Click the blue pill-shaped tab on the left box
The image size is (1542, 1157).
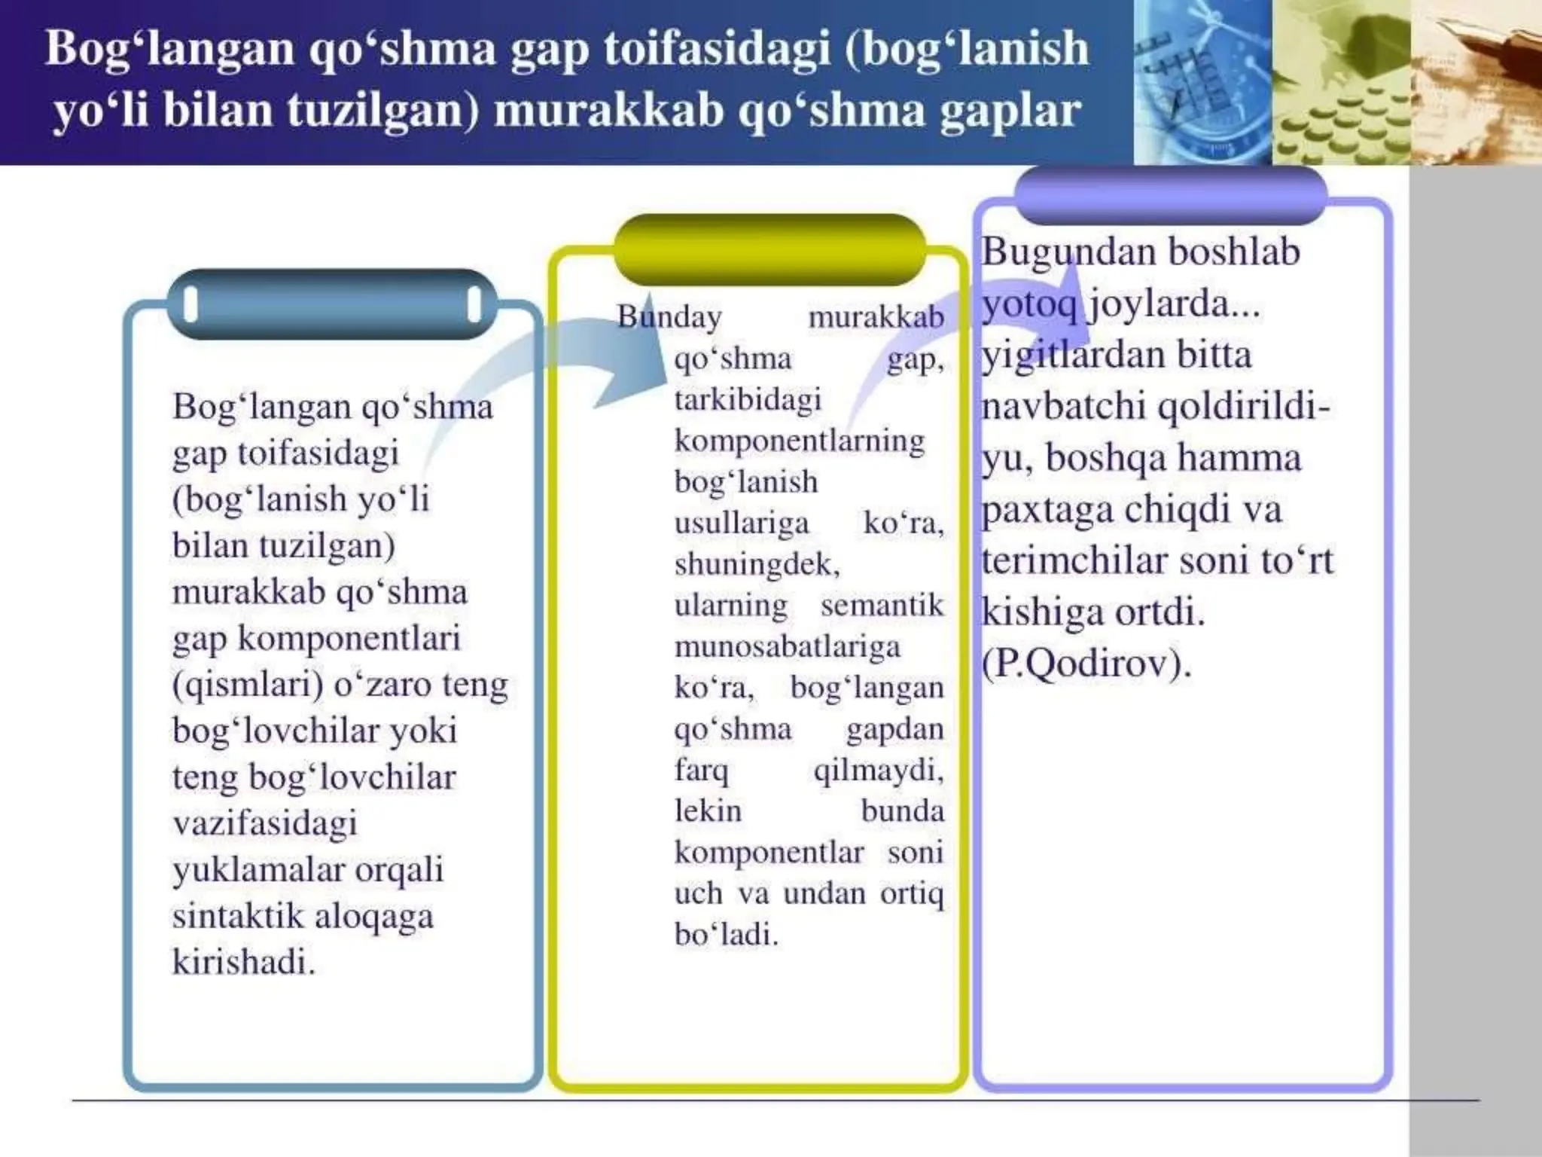332,304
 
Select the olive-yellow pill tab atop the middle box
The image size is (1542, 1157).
769,249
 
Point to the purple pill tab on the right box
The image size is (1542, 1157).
1170,194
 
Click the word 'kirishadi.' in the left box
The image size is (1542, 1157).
243,962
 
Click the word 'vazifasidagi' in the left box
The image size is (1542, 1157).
264,823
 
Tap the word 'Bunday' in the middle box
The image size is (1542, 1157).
669,316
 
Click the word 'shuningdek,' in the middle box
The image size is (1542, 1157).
757,563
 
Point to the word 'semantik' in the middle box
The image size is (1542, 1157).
882,605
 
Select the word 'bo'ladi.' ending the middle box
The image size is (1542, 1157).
726,934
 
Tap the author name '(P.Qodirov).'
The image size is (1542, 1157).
1086,664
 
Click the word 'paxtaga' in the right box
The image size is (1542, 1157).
1047,509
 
